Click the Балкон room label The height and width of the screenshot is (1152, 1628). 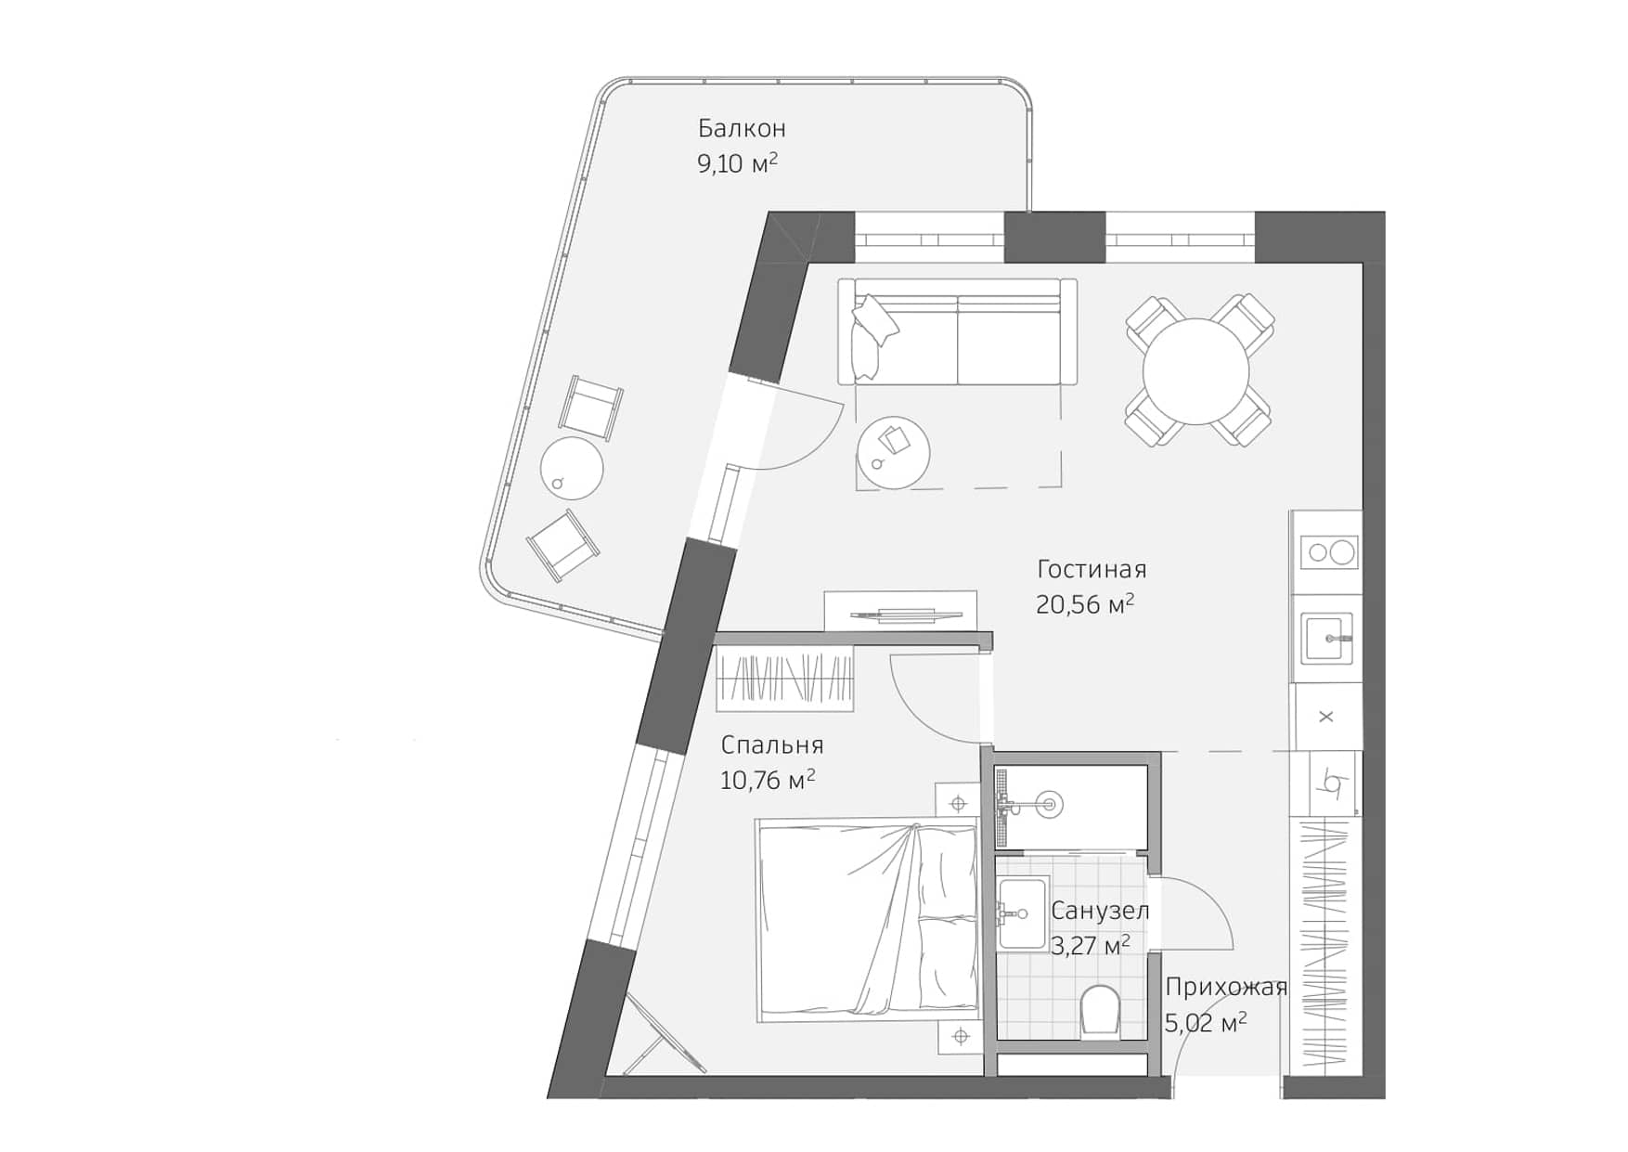tap(742, 128)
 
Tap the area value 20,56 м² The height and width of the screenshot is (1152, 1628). tap(1084, 605)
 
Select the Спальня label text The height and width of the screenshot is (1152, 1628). tap(771, 745)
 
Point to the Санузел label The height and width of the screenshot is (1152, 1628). tap(1099, 912)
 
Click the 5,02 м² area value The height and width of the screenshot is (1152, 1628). tap(1205, 1023)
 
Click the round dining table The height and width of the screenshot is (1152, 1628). tap(1196, 371)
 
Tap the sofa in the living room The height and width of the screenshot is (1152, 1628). tap(957, 332)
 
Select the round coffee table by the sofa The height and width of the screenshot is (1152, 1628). tap(893, 452)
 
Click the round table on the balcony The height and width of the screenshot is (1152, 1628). tap(572, 468)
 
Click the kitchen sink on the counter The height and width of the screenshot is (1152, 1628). tap(1326, 638)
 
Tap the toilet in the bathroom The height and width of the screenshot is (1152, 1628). tap(1101, 1010)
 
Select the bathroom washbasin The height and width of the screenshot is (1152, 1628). tap(1021, 914)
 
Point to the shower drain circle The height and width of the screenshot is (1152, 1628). tap(1050, 804)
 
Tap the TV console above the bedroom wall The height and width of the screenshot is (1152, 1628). tap(900, 612)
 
